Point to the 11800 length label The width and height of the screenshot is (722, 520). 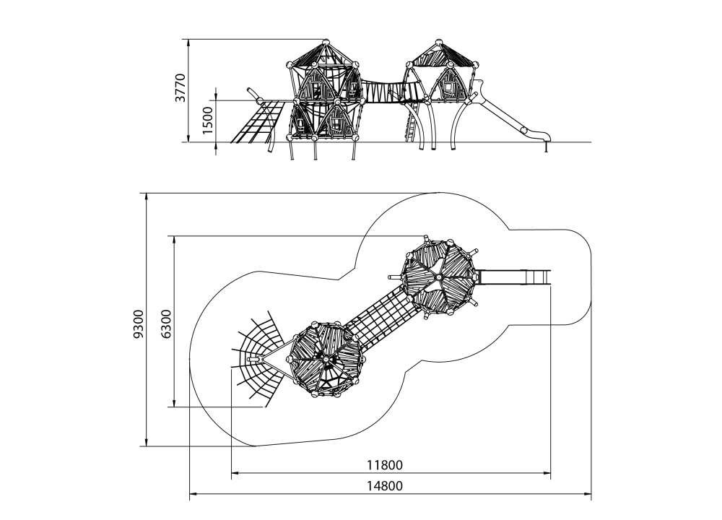(x=384, y=465)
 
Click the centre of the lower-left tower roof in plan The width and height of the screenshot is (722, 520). (x=326, y=358)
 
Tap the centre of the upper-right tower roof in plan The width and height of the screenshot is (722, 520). (x=438, y=276)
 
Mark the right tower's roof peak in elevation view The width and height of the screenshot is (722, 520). (x=439, y=42)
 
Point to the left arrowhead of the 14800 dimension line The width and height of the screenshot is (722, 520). (x=192, y=495)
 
